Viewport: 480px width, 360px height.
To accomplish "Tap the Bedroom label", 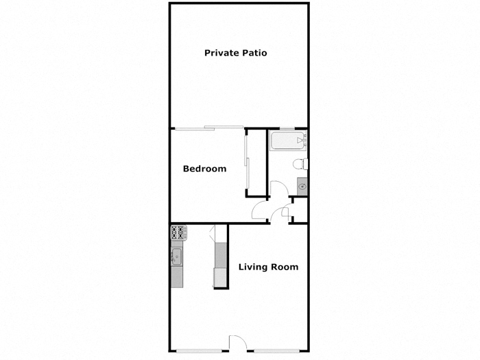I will [x=204, y=169].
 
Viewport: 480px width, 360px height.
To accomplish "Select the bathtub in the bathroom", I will [x=287, y=142].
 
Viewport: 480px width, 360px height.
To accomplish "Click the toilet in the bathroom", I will [x=299, y=164].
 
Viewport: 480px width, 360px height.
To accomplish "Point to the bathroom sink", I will [x=302, y=186].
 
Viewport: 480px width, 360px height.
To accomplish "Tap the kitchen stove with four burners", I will [x=177, y=233].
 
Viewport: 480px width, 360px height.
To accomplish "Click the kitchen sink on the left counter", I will [x=177, y=257].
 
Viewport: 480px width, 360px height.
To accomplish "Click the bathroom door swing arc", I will [x=279, y=189].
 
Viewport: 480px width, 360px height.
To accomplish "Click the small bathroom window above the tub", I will [x=285, y=128].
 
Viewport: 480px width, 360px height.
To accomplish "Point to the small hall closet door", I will [x=284, y=213].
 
